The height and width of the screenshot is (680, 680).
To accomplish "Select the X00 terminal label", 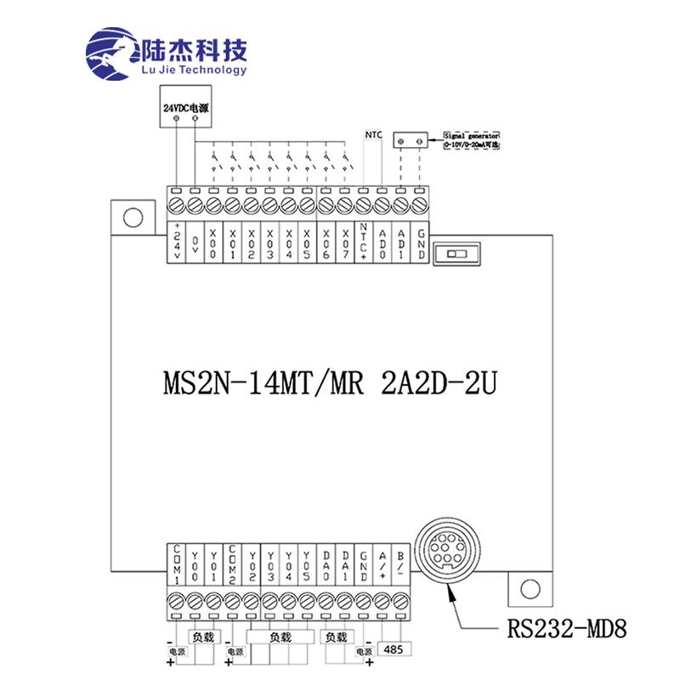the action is coord(212,242).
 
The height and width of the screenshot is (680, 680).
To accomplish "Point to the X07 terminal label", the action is coord(344,242).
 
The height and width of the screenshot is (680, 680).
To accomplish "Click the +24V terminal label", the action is coord(177,242).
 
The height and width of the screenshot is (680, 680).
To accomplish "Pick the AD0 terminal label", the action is coord(382,242).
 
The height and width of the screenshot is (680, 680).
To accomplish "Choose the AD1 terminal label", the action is coord(401,242).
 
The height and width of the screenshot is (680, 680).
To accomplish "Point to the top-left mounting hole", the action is coord(131,218).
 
